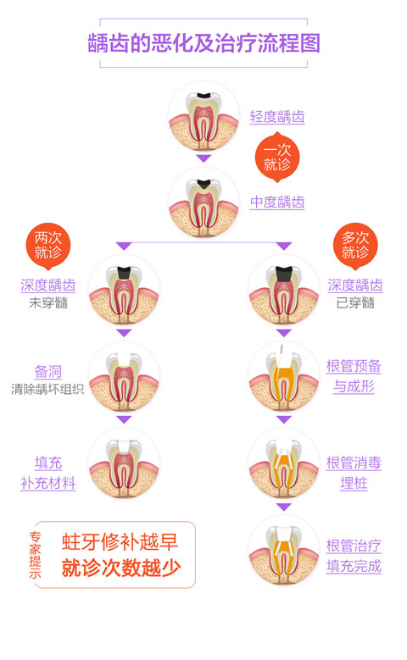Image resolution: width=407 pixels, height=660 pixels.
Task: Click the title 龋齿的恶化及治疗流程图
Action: pyautogui.click(x=203, y=43)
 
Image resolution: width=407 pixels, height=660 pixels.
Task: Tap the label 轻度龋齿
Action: pyautogui.click(x=276, y=117)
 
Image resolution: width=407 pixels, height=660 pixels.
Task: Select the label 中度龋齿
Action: pyautogui.click(x=276, y=202)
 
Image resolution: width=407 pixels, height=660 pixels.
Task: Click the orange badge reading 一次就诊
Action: pyautogui.click(x=276, y=157)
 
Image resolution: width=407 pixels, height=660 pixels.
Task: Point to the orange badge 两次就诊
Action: pyautogui.click(x=48, y=246)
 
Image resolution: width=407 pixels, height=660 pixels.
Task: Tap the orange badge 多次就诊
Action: pyautogui.click(x=355, y=246)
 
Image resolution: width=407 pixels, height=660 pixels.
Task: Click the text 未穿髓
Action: pyautogui.click(x=48, y=302)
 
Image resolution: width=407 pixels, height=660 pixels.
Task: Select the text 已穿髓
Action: pyautogui.click(x=355, y=302)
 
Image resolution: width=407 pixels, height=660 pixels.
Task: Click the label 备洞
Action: pyautogui.click(x=48, y=372)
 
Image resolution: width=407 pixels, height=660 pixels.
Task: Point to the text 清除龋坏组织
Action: pyautogui.click(x=47, y=390)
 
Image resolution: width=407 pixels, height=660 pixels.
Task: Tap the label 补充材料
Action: pyautogui.click(x=48, y=483)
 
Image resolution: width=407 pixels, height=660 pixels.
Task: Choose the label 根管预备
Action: pyautogui.click(x=354, y=366)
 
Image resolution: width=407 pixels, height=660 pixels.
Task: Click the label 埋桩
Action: pyautogui.click(x=354, y=483)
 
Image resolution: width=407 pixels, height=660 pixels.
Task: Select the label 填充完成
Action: pyautogui.click(x=354, y=566)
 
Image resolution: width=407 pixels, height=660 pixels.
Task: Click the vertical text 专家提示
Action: pyautogui.click(x=36, y=555)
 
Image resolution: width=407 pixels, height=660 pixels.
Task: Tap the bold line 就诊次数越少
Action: pyautogui.click(x=121, y=568)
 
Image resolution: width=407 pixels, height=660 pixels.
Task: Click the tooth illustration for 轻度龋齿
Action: pyautogui.click(x=203, y=116)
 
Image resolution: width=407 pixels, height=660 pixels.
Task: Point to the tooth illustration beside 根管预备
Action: pyautogui.click(x=283, y=377)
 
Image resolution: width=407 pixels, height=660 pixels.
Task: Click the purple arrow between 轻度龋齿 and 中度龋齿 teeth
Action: pyautogui.click(x=203, y=158)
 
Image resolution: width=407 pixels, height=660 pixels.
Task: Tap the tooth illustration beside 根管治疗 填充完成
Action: pyautogui.click(x=283, y=550)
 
